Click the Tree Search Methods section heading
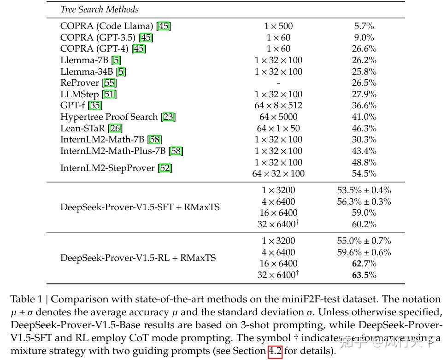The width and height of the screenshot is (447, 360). point(99,9)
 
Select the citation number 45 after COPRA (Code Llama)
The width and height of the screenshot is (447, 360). point(164,26)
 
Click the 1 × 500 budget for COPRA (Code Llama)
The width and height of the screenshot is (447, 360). point(279,26)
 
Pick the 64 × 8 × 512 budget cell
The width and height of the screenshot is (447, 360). point(279,106)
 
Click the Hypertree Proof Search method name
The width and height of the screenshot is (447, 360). point(109,117)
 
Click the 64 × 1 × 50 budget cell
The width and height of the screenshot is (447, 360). point(279,128)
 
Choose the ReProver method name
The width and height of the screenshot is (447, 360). point(80,83)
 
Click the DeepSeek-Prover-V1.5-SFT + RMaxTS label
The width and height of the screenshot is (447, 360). point(140,207)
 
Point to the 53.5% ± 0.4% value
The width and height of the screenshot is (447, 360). point(364,190)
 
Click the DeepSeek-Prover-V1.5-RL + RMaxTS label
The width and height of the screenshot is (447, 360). point(138,258)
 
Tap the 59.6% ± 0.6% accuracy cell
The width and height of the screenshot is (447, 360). point(364,252)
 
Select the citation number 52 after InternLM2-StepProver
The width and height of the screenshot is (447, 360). point(165,168)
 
